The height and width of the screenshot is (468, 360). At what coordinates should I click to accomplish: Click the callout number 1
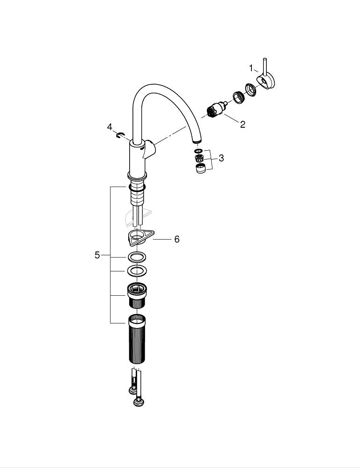coord(251,68)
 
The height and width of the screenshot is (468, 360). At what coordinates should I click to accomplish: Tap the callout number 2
coord(242,124)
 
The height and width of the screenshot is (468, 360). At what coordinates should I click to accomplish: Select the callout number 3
coord(221,158)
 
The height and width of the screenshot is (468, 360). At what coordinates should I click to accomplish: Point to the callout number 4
coord(110,127)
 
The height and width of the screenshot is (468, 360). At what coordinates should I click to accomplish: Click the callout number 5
coord(97,255)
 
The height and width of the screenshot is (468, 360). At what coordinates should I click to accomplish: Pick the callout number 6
coord(177,239)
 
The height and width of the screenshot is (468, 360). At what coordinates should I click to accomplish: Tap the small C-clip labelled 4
coord(119,136)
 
